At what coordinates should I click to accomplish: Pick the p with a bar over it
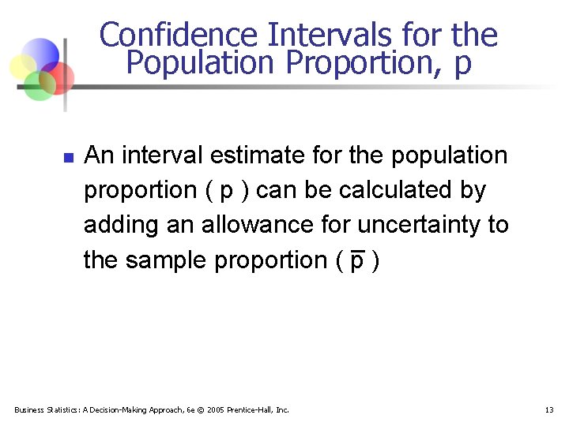click(356, 260)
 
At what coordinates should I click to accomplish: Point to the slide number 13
click(549, 409)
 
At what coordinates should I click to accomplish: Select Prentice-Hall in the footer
click(258, 409)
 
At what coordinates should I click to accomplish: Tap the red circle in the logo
click(59, 77)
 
